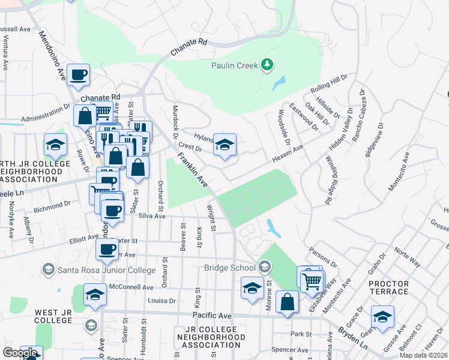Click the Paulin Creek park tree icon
pos(267,65)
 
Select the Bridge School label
pos(230,267)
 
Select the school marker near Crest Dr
pos(225,145)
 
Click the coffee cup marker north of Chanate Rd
pos(78,75)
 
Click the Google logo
pos(20,353)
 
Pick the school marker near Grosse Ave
pos(382,316)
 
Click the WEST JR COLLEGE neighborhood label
pos(53,316)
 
